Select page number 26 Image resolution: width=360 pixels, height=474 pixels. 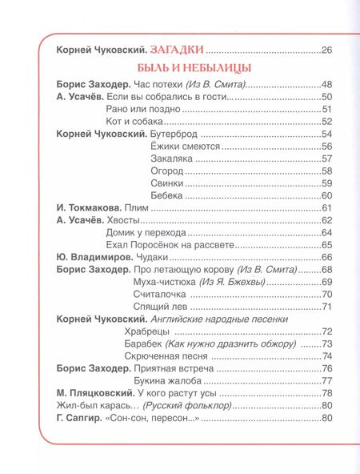pyautogui.click(x=326, y=51)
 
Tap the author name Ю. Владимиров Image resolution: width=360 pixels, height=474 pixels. pyautogui.click(x=99, y=258)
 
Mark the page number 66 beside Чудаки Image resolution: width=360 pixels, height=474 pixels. pyautogui.click(x=326, y=258)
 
